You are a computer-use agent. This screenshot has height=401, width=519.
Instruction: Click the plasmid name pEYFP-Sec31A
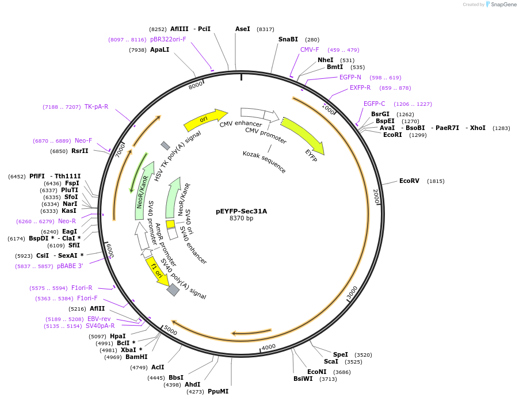click(241, 211)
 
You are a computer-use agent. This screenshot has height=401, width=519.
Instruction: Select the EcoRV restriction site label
click(409, 181)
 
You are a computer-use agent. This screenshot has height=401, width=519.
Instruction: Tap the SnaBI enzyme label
click(288, 40)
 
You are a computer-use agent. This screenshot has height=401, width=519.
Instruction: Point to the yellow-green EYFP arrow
click(303, 136)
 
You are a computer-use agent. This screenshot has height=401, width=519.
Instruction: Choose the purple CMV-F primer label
click(310, 49)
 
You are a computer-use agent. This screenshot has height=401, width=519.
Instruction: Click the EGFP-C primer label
click(374, 104)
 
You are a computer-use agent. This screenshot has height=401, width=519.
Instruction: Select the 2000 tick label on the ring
click(376, 196)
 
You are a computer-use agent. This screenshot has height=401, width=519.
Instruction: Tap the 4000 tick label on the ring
click(269, 347)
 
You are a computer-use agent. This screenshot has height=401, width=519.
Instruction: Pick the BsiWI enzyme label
click(303, 379)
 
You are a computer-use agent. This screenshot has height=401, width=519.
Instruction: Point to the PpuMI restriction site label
click(218, 392)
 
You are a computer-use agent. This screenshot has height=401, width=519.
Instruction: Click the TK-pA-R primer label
click(96, 106)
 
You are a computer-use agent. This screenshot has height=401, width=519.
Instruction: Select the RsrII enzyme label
click(79, 151)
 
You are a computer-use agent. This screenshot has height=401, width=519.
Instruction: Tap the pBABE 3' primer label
click(70, 266)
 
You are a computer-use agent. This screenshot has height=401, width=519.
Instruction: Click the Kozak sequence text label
click(264, 162)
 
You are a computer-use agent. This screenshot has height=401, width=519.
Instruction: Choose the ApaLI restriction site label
click(159, 50)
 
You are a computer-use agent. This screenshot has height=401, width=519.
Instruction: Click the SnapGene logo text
click(503, 5)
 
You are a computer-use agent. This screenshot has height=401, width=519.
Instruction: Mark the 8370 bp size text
click(241, 219)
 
